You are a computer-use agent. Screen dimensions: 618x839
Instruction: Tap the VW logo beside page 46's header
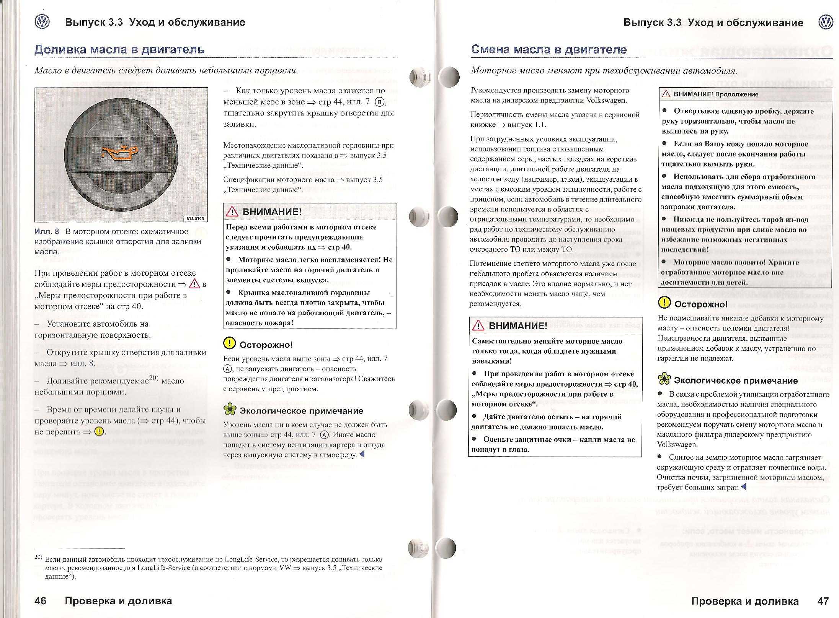pos(42,22)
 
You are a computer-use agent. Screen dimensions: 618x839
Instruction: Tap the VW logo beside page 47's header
pos(826,22)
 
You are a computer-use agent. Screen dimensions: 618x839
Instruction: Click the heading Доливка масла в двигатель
pos(119,50)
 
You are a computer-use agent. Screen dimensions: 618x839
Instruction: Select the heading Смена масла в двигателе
pos(549,49)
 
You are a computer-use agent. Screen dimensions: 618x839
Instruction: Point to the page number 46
pos(40,601)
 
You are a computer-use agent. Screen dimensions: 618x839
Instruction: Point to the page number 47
pos(823,601)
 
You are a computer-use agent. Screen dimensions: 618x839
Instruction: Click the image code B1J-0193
pos(195,219)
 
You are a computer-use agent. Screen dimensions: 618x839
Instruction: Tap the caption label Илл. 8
pos(47,232)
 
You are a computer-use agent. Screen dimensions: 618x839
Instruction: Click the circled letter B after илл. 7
pos(379,102)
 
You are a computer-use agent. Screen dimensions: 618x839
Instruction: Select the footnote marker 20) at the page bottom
pos(38,557)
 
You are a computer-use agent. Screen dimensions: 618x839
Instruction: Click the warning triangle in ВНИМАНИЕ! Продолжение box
pos(666,94)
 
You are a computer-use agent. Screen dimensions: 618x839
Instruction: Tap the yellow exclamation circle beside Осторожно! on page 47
pos(664,303)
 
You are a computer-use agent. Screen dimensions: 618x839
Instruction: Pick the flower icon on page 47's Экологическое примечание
pos(664,379)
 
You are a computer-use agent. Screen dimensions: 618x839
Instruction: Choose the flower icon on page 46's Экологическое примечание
pos(230,410)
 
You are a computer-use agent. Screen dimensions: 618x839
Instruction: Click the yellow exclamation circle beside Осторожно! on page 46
pos(229,343)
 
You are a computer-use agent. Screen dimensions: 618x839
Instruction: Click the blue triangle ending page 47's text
pos(744,487)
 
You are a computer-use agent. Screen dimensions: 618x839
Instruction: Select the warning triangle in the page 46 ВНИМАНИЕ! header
pos(232,211)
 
